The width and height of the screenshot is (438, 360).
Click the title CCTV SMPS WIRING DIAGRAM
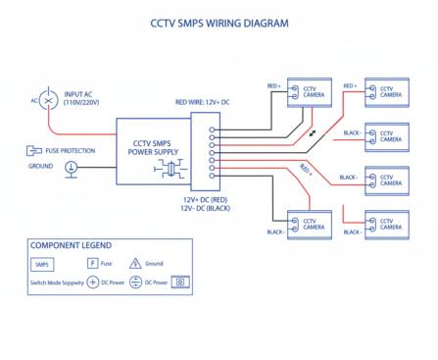(x=219, y=21)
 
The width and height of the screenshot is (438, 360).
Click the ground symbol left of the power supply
(x=71, y=169)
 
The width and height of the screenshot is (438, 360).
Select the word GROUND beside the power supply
(x=40, y=167)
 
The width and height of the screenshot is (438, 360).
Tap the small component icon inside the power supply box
(x=172, y=169)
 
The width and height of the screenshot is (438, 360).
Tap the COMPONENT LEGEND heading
(x=71, y=244)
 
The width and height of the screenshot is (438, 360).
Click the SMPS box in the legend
(x=43, y=264)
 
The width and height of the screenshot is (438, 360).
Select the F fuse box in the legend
(x=93, y=264)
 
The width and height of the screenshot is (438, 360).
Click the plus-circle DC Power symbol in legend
(x=93, y=282)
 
